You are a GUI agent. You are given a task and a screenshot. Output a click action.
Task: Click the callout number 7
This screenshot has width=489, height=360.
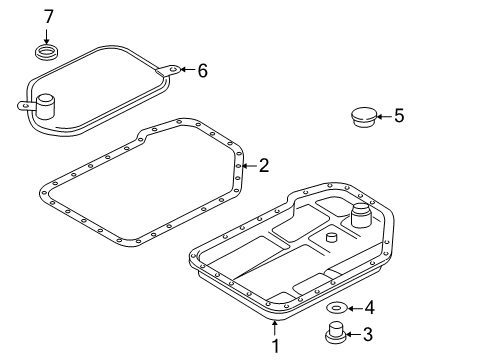tap(48, 17)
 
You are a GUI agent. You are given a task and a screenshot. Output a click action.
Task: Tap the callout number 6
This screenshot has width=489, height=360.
tap(202, 71)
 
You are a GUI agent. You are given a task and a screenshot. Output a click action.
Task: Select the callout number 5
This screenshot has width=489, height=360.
tap(399, 116)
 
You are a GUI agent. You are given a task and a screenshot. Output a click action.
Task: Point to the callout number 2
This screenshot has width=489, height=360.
tap(264, 165)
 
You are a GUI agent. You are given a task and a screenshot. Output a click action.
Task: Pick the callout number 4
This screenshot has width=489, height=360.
tap(369, 307)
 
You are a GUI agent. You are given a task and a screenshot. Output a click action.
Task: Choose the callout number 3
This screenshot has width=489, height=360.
tap(368, 334)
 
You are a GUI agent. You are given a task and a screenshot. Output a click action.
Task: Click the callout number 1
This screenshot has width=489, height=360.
tap(275, 346)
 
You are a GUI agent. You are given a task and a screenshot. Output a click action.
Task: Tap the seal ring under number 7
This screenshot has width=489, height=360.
tap(47, 53)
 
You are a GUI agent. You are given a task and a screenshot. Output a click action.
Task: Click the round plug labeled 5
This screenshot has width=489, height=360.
tap(364, 117)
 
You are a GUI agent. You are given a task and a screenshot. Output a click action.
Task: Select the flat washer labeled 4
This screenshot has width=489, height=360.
tap(336, 308)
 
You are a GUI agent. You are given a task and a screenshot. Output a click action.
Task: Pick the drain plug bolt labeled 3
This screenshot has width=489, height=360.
tap(336, 332)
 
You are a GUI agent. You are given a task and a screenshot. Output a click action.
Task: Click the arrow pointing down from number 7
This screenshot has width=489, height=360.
tap(46, 36)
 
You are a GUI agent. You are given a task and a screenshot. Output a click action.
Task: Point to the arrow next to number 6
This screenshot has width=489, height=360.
tap(188, 70)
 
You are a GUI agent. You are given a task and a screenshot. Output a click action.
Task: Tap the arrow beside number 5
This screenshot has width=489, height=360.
tap(384, 116)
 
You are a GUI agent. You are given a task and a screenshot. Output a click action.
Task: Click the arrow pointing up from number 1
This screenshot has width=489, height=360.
tap(274, 327)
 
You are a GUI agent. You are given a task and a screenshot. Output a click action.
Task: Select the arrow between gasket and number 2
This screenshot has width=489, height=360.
tap(249, 166)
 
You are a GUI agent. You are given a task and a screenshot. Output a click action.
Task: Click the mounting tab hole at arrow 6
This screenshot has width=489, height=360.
tap(173, 69)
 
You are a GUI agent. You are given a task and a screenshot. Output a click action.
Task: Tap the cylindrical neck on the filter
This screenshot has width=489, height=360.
tap(45, 106)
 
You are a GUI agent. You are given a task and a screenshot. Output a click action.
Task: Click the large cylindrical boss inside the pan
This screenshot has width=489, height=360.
tap(361, 215)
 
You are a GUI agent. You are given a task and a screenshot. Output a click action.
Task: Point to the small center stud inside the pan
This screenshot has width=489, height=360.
tap(331, 238)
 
